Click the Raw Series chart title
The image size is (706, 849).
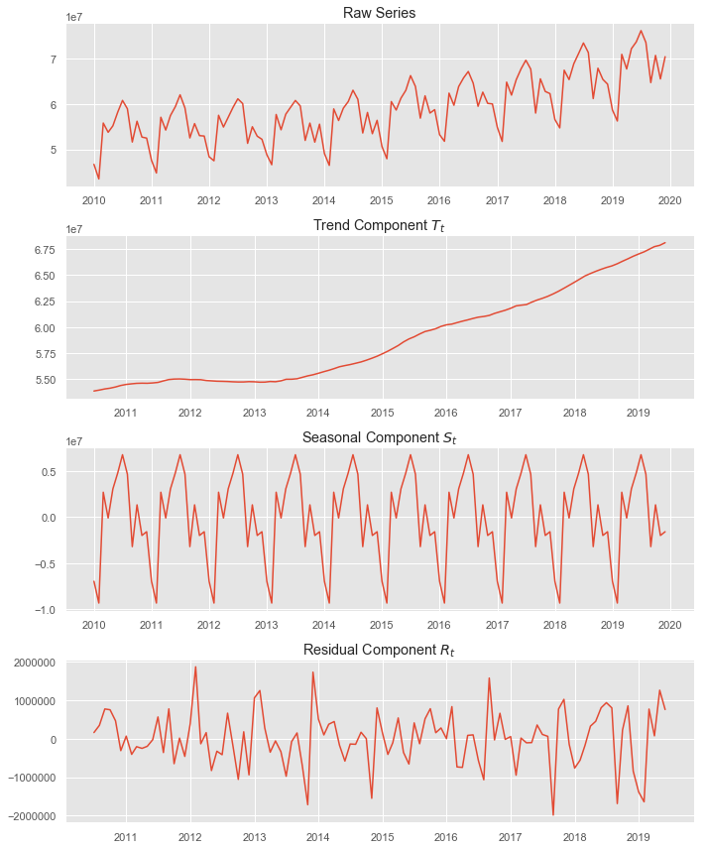click(380, 13)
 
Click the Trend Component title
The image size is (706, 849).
click(380, 226)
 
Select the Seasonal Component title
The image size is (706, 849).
click(380, 438)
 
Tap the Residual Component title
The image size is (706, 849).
click(380, 651)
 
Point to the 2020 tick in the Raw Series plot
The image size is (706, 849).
click(670, 200)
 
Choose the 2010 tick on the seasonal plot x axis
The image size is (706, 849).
click(94, 625)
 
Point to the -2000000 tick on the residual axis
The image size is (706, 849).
click(32, 816)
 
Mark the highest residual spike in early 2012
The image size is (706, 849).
click(195, 667)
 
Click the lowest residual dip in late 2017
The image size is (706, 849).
click(553, 815)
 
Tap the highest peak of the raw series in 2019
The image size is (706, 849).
click(641, 31)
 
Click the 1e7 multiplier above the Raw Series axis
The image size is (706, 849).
click(75, 17)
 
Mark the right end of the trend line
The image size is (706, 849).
click(664, 242)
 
